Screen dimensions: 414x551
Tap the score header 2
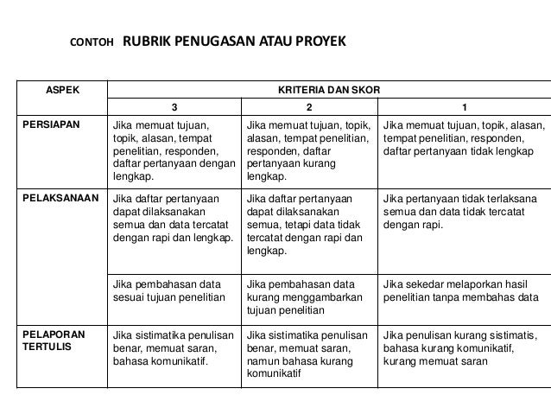coord(311,108)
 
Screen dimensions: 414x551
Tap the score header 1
coord(465,108)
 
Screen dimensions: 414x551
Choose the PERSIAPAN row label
coord(51,125)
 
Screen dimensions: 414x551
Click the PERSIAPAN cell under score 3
coord(174,151)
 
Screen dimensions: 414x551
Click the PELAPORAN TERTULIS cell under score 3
coord(173,347)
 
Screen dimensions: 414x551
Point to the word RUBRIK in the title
coord(154,41)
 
